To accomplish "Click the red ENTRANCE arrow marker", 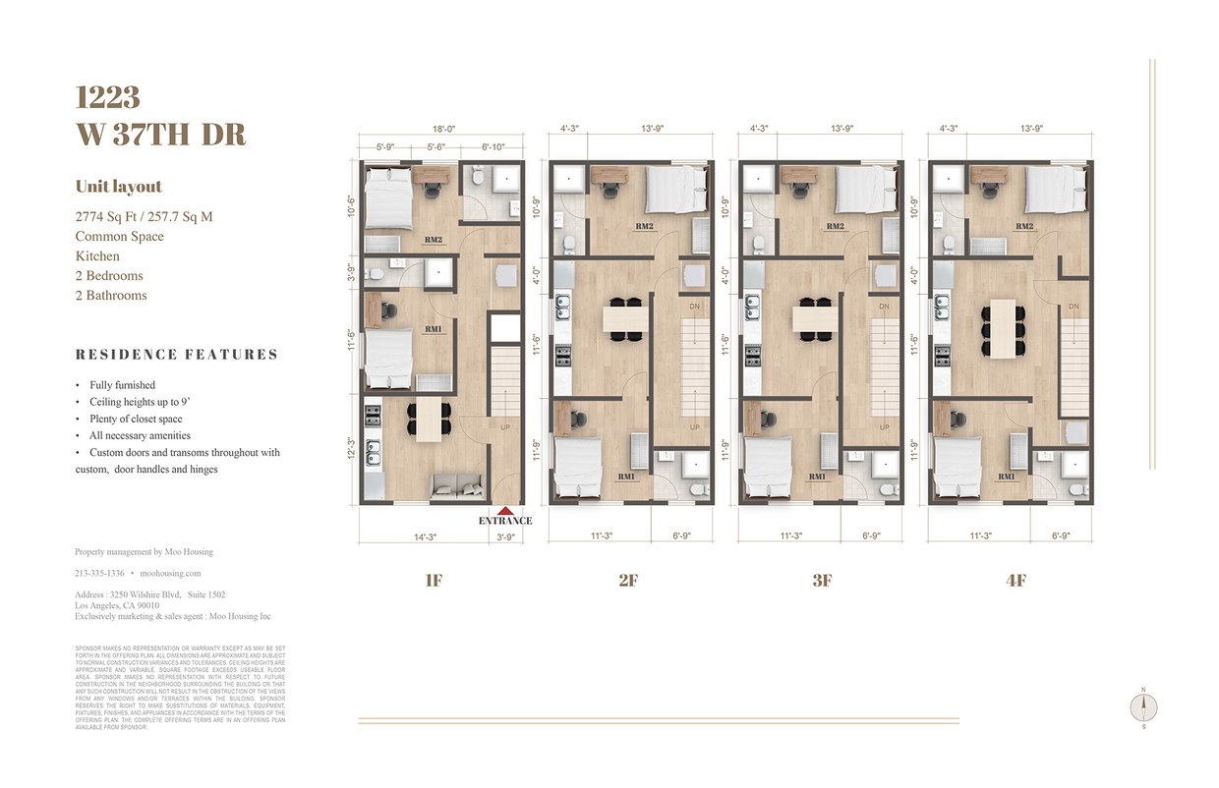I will coord(505,510).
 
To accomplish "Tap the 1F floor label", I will coord(434,581).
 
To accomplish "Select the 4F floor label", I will coord(1016,581).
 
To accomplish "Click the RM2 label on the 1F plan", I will coord(433,239).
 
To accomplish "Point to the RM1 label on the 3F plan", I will coord(817,477).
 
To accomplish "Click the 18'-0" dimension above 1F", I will coord(444,129).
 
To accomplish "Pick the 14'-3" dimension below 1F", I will coord(425,537).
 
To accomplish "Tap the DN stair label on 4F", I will coord(1074,307).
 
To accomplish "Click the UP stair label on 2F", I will coord(694,427).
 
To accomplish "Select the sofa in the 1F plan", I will coord(458,482).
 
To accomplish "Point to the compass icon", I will coord(1143,706).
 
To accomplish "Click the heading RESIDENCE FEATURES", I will coord(177,355).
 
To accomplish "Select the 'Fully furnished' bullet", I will coord(122,385).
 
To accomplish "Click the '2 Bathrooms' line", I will coord(111,296).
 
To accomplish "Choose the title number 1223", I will coord(108,97).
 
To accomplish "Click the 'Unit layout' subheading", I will coord(119,187).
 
